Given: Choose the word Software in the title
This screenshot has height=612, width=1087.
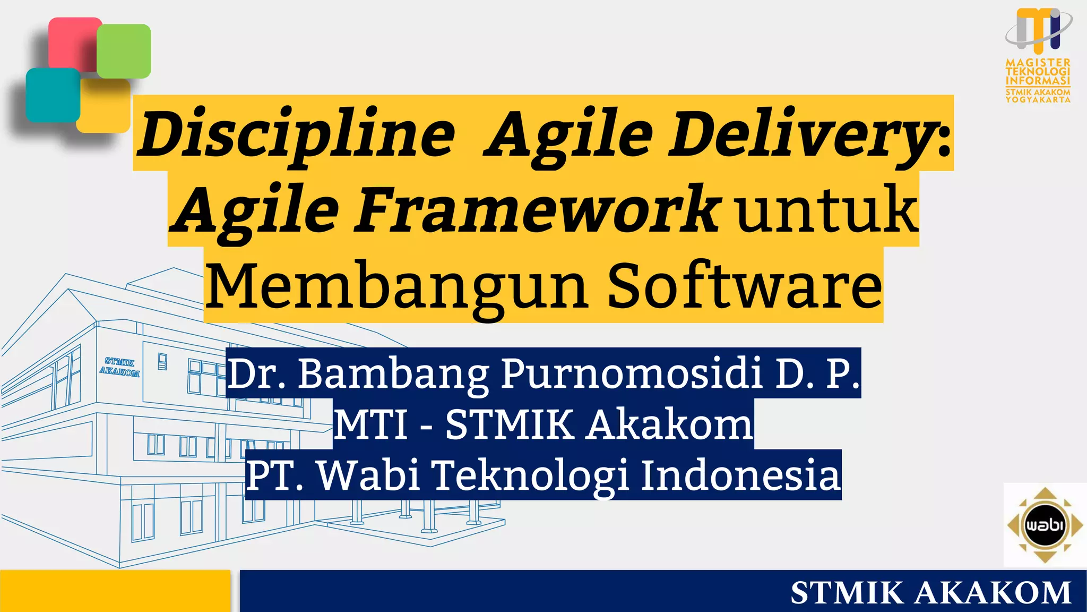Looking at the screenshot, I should point(744,287).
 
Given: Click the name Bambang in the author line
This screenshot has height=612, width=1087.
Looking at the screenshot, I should point(393,373).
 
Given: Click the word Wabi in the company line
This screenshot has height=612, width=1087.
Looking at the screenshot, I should point(369,474).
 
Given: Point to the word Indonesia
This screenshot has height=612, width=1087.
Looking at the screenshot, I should point(741,474).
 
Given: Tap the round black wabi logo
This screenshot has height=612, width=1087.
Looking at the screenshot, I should point(1045,525).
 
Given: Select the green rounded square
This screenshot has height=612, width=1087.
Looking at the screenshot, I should point(124,51).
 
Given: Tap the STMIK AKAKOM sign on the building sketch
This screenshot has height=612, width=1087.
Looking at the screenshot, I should point(119,368).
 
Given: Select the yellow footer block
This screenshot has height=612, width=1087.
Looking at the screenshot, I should point(115,591).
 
